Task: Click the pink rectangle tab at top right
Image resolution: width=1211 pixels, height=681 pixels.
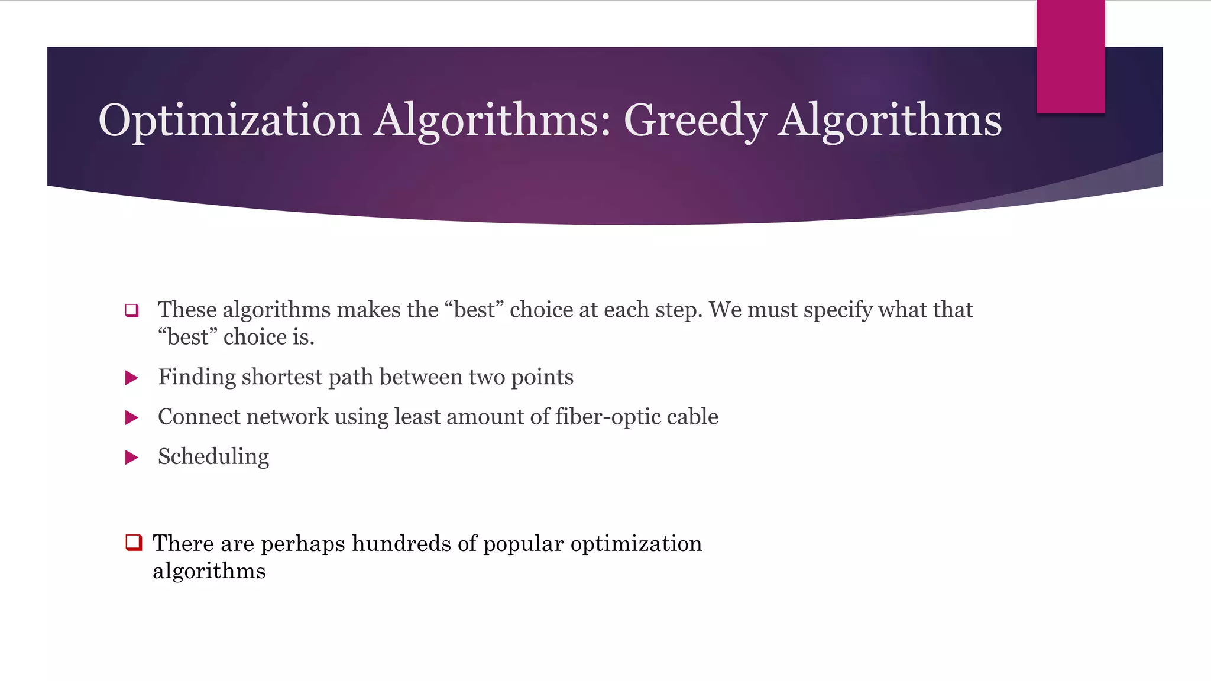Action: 1070,57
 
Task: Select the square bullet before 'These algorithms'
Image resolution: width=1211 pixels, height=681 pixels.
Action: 132,310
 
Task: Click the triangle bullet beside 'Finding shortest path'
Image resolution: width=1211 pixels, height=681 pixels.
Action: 132,378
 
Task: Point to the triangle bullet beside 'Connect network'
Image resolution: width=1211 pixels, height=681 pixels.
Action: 132,418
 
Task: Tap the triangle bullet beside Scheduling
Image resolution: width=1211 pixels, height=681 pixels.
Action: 132,457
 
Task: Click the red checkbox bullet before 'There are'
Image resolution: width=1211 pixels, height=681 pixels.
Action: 134,542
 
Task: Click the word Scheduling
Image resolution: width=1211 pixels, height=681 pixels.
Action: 213,457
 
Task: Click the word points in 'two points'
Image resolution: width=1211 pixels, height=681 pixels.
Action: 542,378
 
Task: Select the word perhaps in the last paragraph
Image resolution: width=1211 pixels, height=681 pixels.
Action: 303,544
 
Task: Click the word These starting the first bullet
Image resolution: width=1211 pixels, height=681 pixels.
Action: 187,310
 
